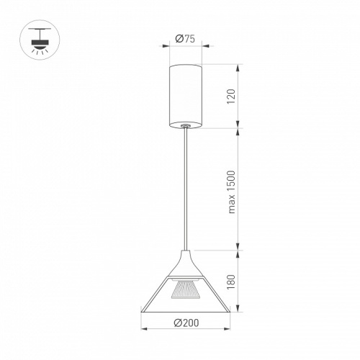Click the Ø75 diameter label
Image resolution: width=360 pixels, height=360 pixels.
(x=185, y=39)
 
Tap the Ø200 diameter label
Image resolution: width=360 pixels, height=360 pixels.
(x=186, y=323)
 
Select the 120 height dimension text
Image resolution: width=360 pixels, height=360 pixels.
(x=231, y=96)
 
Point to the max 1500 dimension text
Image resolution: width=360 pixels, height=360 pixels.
(x=232, y=192)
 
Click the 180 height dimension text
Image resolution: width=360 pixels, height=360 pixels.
(x=231, y=282)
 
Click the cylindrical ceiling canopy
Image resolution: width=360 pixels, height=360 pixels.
(x=185, y=96)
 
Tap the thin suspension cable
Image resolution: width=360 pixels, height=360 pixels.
(x=186, y=189)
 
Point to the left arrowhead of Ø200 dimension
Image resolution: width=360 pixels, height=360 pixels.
(x=144, y=328)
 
